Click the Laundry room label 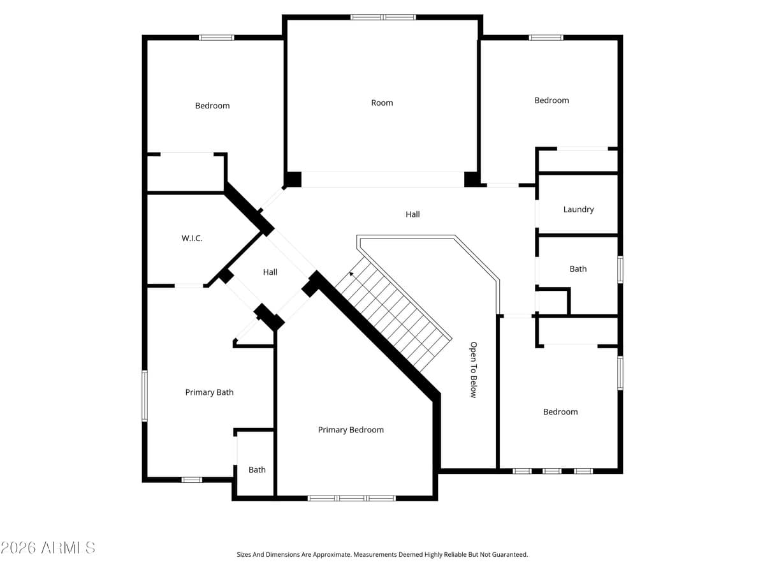(578, 209)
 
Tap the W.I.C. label (192, 239)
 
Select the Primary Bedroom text (351, 430)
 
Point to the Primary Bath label (209, 392)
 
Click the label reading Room (382, 103)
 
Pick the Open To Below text (473, 370)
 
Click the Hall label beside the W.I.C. (270, 272)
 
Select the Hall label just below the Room (412, 214)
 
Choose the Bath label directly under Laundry (578, 269)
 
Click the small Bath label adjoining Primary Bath (257, 470)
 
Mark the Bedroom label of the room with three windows (560, 412)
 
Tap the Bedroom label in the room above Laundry (551, 100)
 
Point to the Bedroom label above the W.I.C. (212, 106)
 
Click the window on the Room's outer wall (383, 17)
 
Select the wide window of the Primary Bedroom (351, 498)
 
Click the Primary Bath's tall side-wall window (145, 396)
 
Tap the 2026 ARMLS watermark (48, 547)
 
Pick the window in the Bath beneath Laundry (620, 269)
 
